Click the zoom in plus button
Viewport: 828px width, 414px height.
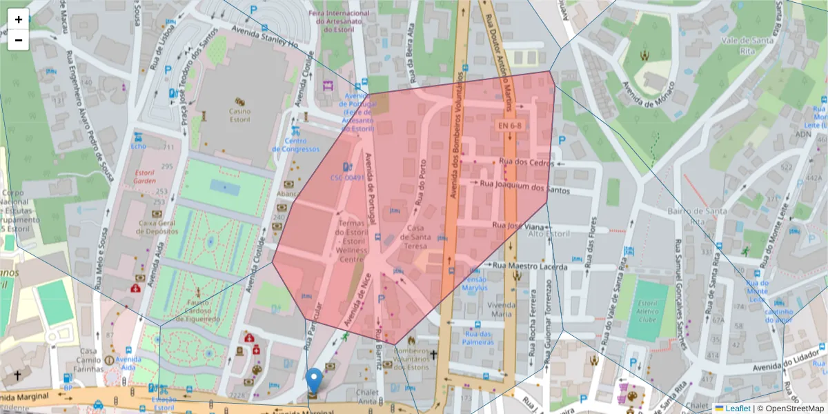(19, 19)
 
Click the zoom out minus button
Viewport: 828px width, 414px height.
(19, 40)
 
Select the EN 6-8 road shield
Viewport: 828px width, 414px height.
(510, 125)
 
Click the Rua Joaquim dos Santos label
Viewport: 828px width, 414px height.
(525, 184)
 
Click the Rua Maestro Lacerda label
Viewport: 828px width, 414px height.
(535, 267)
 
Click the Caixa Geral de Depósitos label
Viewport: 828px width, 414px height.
(158, 227)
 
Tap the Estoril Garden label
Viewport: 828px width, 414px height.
(144, 177)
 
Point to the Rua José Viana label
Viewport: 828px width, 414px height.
(517, 225)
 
